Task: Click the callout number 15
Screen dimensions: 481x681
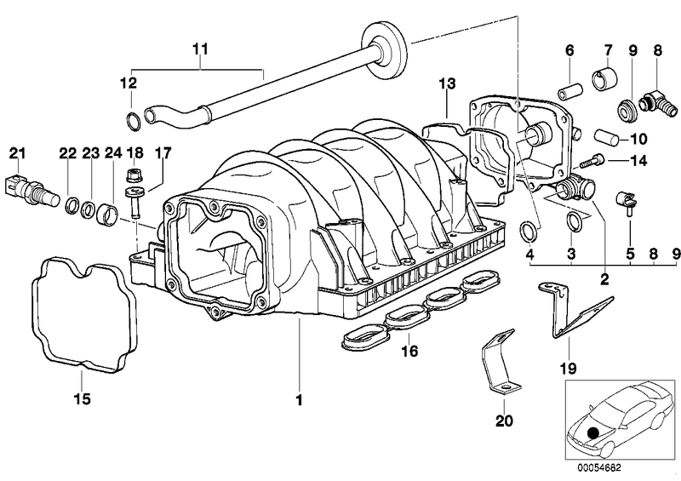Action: click(x=83, y=398)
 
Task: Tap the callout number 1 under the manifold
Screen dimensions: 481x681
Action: click(x=300, y=398)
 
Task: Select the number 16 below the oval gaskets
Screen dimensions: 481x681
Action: click(x=410, y=350)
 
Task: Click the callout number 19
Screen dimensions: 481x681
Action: click(x=567, y=369)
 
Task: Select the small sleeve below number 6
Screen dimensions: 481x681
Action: click(x=570, y=89)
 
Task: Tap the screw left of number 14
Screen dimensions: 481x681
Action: click(x=591, y=159)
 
